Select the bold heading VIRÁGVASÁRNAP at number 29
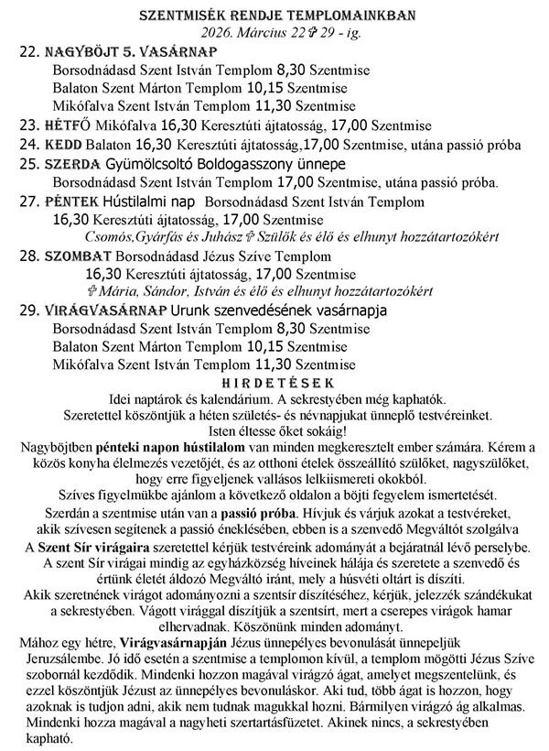pyautogui.click(x=105, y=310)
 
